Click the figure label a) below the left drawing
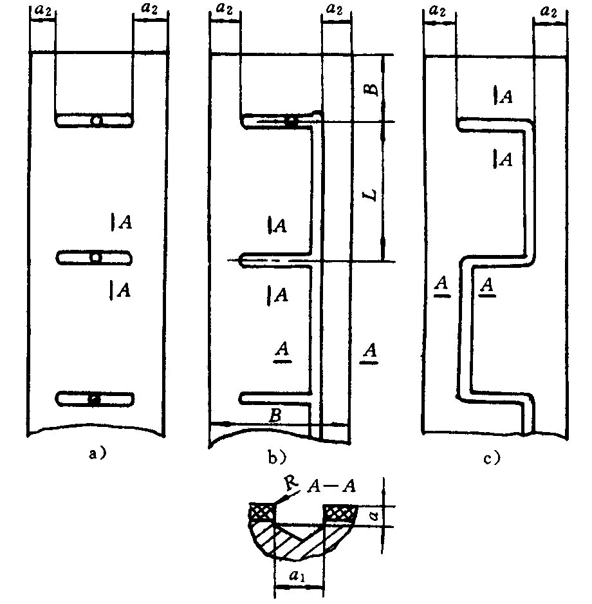[x=97, y=453]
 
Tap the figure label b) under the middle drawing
[x=277, y=457]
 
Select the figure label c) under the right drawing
[x=492, y=458]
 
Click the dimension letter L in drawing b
[x=371, y=195]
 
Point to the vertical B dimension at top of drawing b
[x=371, y=89]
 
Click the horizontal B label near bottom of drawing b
[x=275, y=416]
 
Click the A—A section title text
[x=331, y=487]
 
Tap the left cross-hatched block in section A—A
[x=263, y=511]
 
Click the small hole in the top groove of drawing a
[x=97, y=120]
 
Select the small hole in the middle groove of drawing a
[x=95, y=258]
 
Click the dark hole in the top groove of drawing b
[x=291, y=122]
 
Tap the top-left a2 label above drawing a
[x=42, y=10]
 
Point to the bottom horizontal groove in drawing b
[x=275, y=399]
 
